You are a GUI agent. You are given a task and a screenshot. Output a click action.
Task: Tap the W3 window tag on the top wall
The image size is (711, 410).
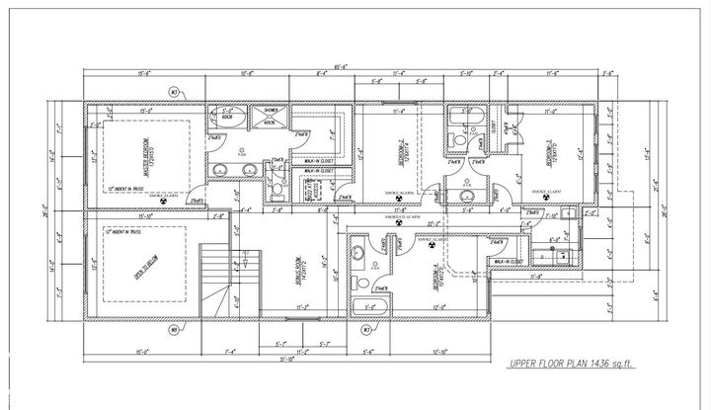172,91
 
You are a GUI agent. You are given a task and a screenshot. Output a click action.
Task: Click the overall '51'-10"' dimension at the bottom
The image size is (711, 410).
286,361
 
